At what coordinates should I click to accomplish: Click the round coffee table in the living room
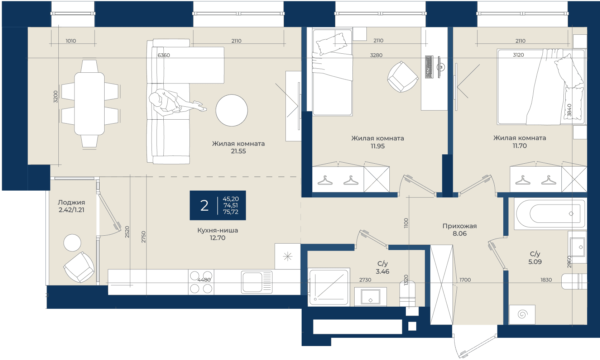pos(232,110)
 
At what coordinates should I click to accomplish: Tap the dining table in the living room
pos(90,104)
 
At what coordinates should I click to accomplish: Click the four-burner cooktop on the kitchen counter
pos(201,282)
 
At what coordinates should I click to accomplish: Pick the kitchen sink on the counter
pos(256,282)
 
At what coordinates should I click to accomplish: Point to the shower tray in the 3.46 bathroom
pos(329,287)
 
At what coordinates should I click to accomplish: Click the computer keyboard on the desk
pos(429,67)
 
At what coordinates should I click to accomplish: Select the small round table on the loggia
pos(72,243)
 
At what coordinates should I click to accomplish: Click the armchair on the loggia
pos(79,267)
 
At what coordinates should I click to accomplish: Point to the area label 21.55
pos(239,151)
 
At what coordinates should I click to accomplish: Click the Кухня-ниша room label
pos(217,230)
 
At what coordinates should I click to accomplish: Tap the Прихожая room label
pos(460,226)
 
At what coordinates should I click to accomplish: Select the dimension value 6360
pos(164,55)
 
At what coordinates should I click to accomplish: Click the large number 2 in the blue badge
pos(205,206)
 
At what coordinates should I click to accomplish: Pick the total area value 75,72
pos(231,212)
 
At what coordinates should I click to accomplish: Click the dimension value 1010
pos(71,41)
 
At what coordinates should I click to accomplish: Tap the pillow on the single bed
pos(331,44)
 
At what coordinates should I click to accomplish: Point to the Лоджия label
pos(71,202)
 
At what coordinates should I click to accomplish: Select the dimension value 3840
pos(569,110)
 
